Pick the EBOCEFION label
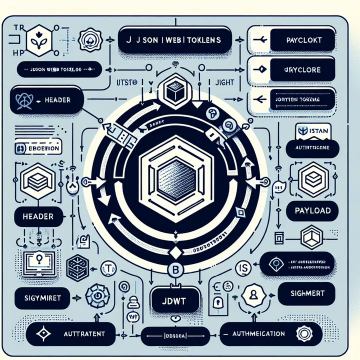pos(38,148)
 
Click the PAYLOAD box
pos(313,210)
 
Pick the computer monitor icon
pos(38,260)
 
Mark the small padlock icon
pos(218,302)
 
